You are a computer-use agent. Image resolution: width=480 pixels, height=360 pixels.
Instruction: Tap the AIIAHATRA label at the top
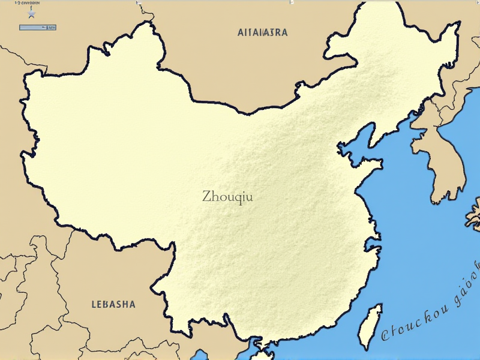(x=262, y=32)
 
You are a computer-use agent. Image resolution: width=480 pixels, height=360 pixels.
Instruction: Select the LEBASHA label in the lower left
(x=113, y=304)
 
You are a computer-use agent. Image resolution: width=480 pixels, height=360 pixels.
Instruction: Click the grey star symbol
(x=32, y=13)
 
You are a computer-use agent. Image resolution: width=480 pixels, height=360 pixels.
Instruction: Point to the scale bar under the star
(x=38, y=28)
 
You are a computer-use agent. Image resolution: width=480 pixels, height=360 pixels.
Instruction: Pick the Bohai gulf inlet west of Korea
(x=354, y=150)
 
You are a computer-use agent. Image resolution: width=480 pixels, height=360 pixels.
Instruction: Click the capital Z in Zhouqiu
(x=207, y=196)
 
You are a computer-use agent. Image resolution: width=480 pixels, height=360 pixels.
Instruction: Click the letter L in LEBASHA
(x=94, y=304)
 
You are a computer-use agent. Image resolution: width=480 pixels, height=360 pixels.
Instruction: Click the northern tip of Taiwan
(x=377, y=306)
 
